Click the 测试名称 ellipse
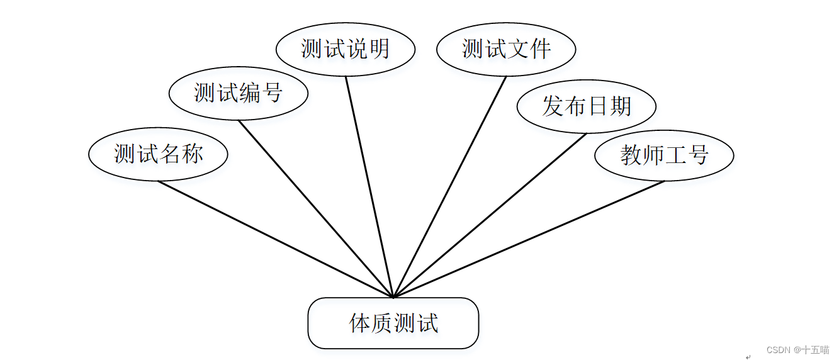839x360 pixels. click(158, 154)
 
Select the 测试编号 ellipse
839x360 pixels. click(238, 93)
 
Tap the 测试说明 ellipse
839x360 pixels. click(346, 49)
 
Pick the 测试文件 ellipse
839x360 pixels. click(506, 49)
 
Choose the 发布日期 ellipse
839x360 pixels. click(586, 106)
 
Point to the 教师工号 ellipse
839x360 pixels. click(664, 155)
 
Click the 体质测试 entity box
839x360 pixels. click(393, 323)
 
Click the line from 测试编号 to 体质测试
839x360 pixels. click(315, 208)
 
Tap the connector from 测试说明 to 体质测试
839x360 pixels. click(369, 187)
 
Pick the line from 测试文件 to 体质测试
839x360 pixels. click(449, 187)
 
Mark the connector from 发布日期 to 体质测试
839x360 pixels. click(490, 215)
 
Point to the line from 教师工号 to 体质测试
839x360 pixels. click(529, 239)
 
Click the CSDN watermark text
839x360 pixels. click(797, 350)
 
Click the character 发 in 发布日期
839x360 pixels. click(553, 106)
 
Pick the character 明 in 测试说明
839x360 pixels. click(380, 49)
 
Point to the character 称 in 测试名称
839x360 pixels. click(192, 154)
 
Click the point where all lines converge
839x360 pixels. click(393, 297)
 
